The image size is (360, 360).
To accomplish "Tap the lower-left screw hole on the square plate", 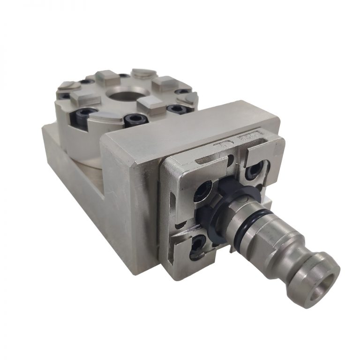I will click(196, 242).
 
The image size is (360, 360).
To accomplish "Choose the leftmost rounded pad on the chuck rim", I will click(67, 86).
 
